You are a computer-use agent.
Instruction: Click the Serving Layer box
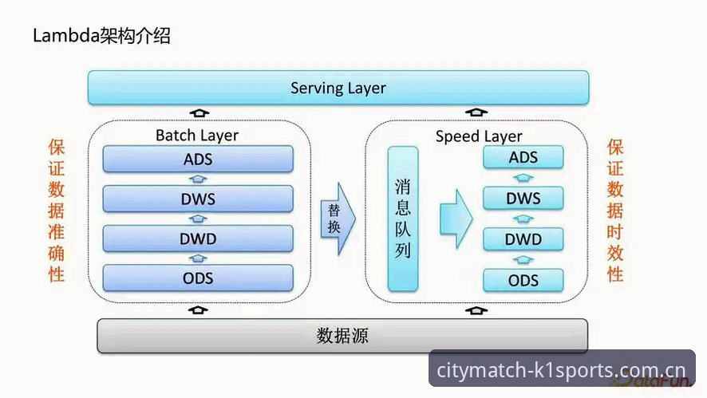coord(338,88)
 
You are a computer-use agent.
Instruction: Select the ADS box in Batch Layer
coord(198,159)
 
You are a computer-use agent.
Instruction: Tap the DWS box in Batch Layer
coord(198,199)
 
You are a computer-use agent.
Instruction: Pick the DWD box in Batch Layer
coord(198,238)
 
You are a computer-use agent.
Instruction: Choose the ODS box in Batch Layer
coord(198,278)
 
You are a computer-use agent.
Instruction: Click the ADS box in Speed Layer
coord(523,157)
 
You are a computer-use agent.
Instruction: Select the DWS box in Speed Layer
coord(523,198)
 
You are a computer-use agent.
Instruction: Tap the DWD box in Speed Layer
coord(523,239)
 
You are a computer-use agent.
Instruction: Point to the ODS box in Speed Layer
coord(523,281)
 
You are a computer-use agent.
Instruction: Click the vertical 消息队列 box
coord(403,219)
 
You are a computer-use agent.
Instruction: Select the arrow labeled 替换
coord(338,219)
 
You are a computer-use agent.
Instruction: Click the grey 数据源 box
coord(342,336)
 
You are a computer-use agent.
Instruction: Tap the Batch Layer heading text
coord(197,136)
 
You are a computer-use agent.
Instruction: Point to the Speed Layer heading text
coord(479,136)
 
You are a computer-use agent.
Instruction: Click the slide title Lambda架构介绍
coord(102,36)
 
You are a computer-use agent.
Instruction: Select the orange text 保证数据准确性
coord(57,211)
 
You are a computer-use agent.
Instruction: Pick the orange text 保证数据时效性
coord(615,211)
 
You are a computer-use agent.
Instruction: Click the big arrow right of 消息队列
coord(456,219)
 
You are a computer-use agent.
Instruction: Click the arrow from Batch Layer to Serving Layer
coord(199,112)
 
